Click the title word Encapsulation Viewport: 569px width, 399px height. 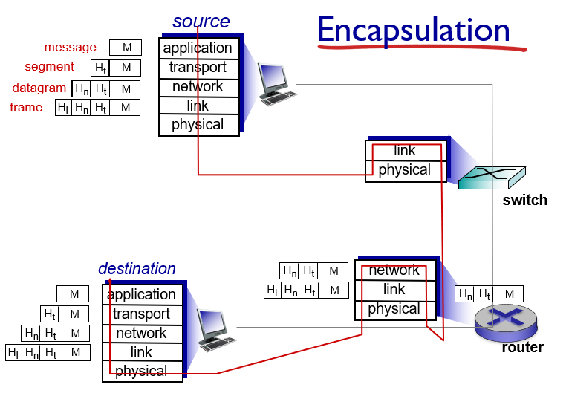414,31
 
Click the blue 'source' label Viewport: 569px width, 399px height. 201,22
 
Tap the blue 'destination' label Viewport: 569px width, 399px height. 137,268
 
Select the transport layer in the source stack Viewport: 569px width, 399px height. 198,68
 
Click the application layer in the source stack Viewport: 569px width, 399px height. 198,48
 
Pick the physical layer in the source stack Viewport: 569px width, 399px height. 198,125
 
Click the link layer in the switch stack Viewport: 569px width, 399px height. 405,151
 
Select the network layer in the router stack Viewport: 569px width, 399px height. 394,270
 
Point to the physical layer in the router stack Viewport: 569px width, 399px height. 394,309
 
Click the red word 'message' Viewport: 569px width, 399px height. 70,48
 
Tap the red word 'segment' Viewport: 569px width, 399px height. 50,67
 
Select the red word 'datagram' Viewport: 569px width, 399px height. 39,88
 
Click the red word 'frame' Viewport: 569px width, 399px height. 26,107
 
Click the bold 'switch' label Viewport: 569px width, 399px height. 524,200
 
